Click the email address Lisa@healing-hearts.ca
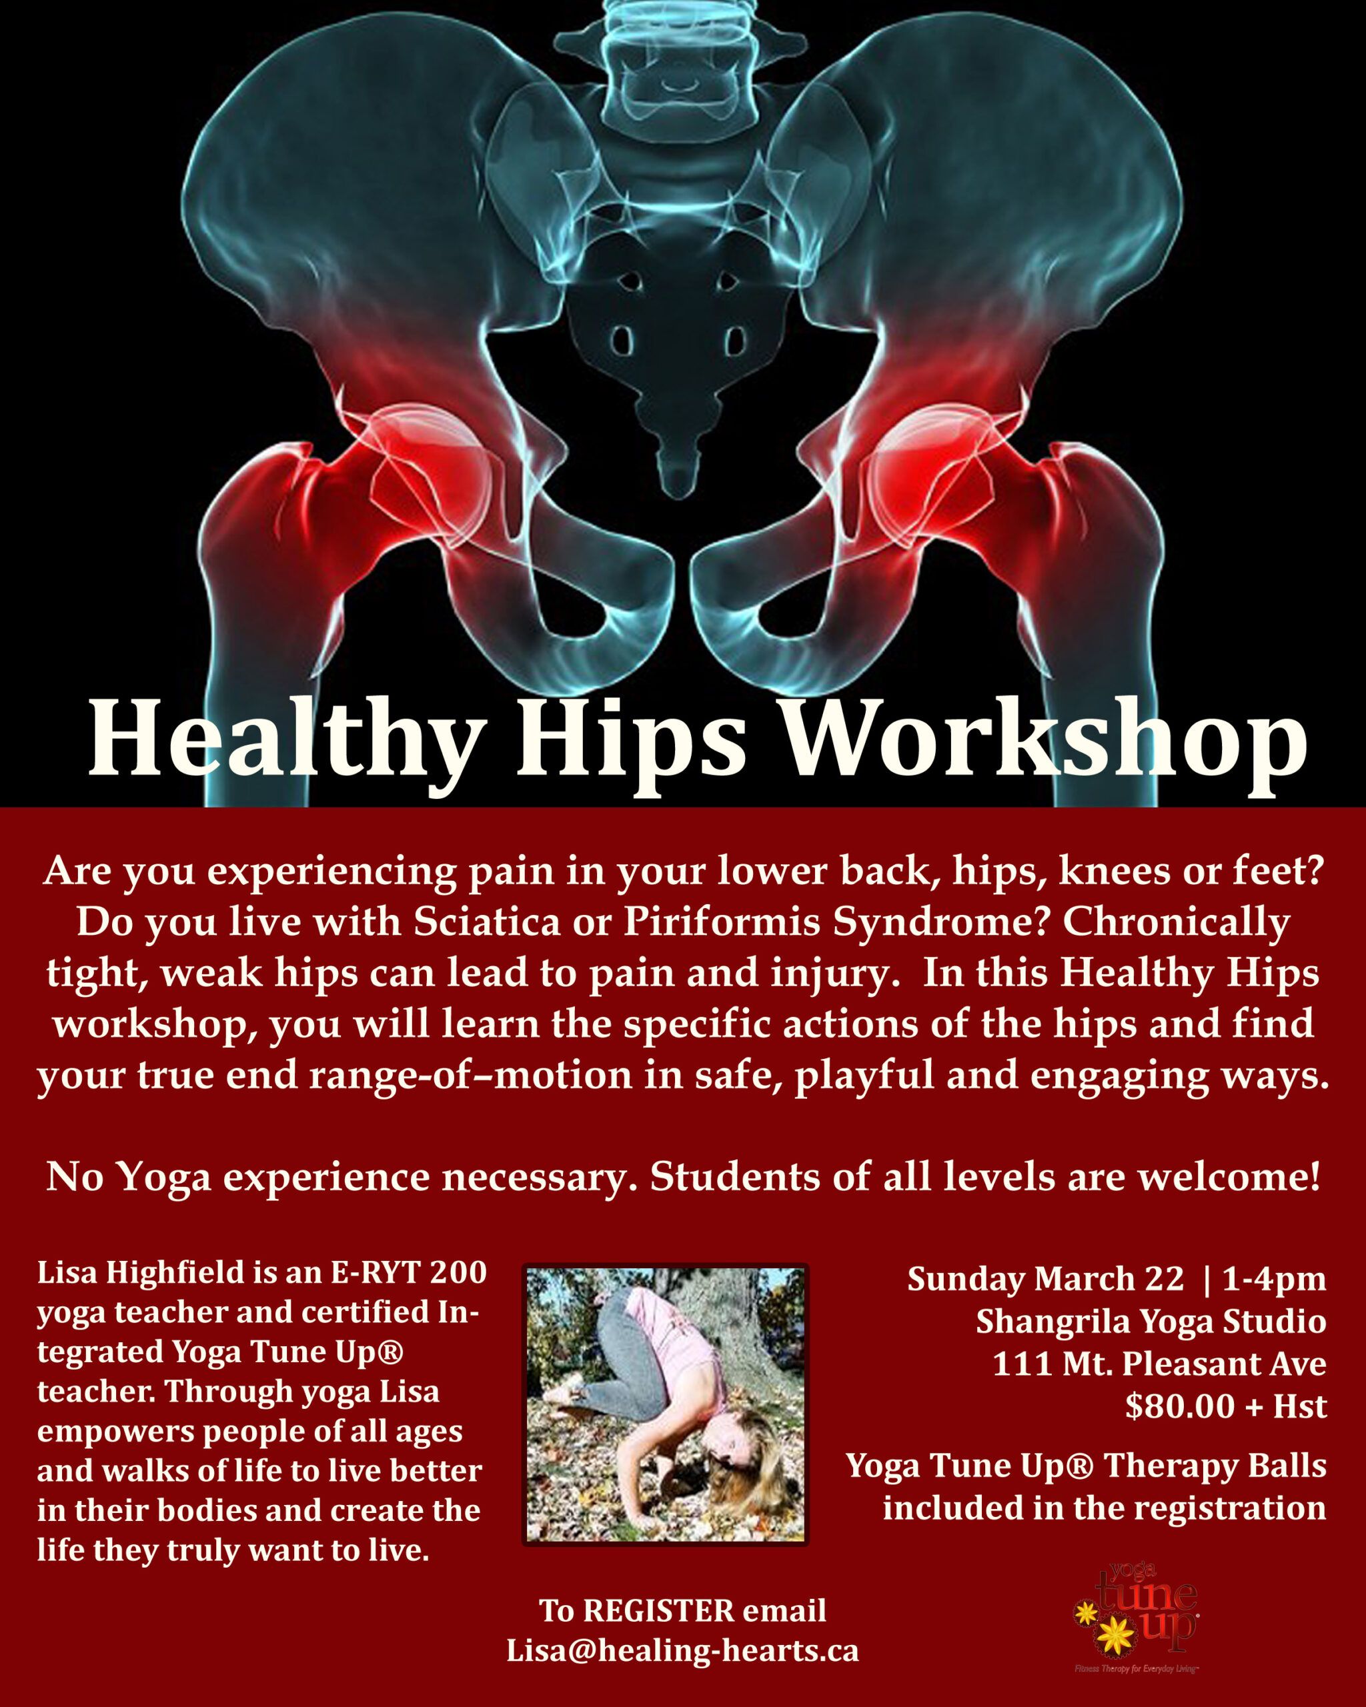point(682,1652)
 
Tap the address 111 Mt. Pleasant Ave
point(1159,1364)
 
